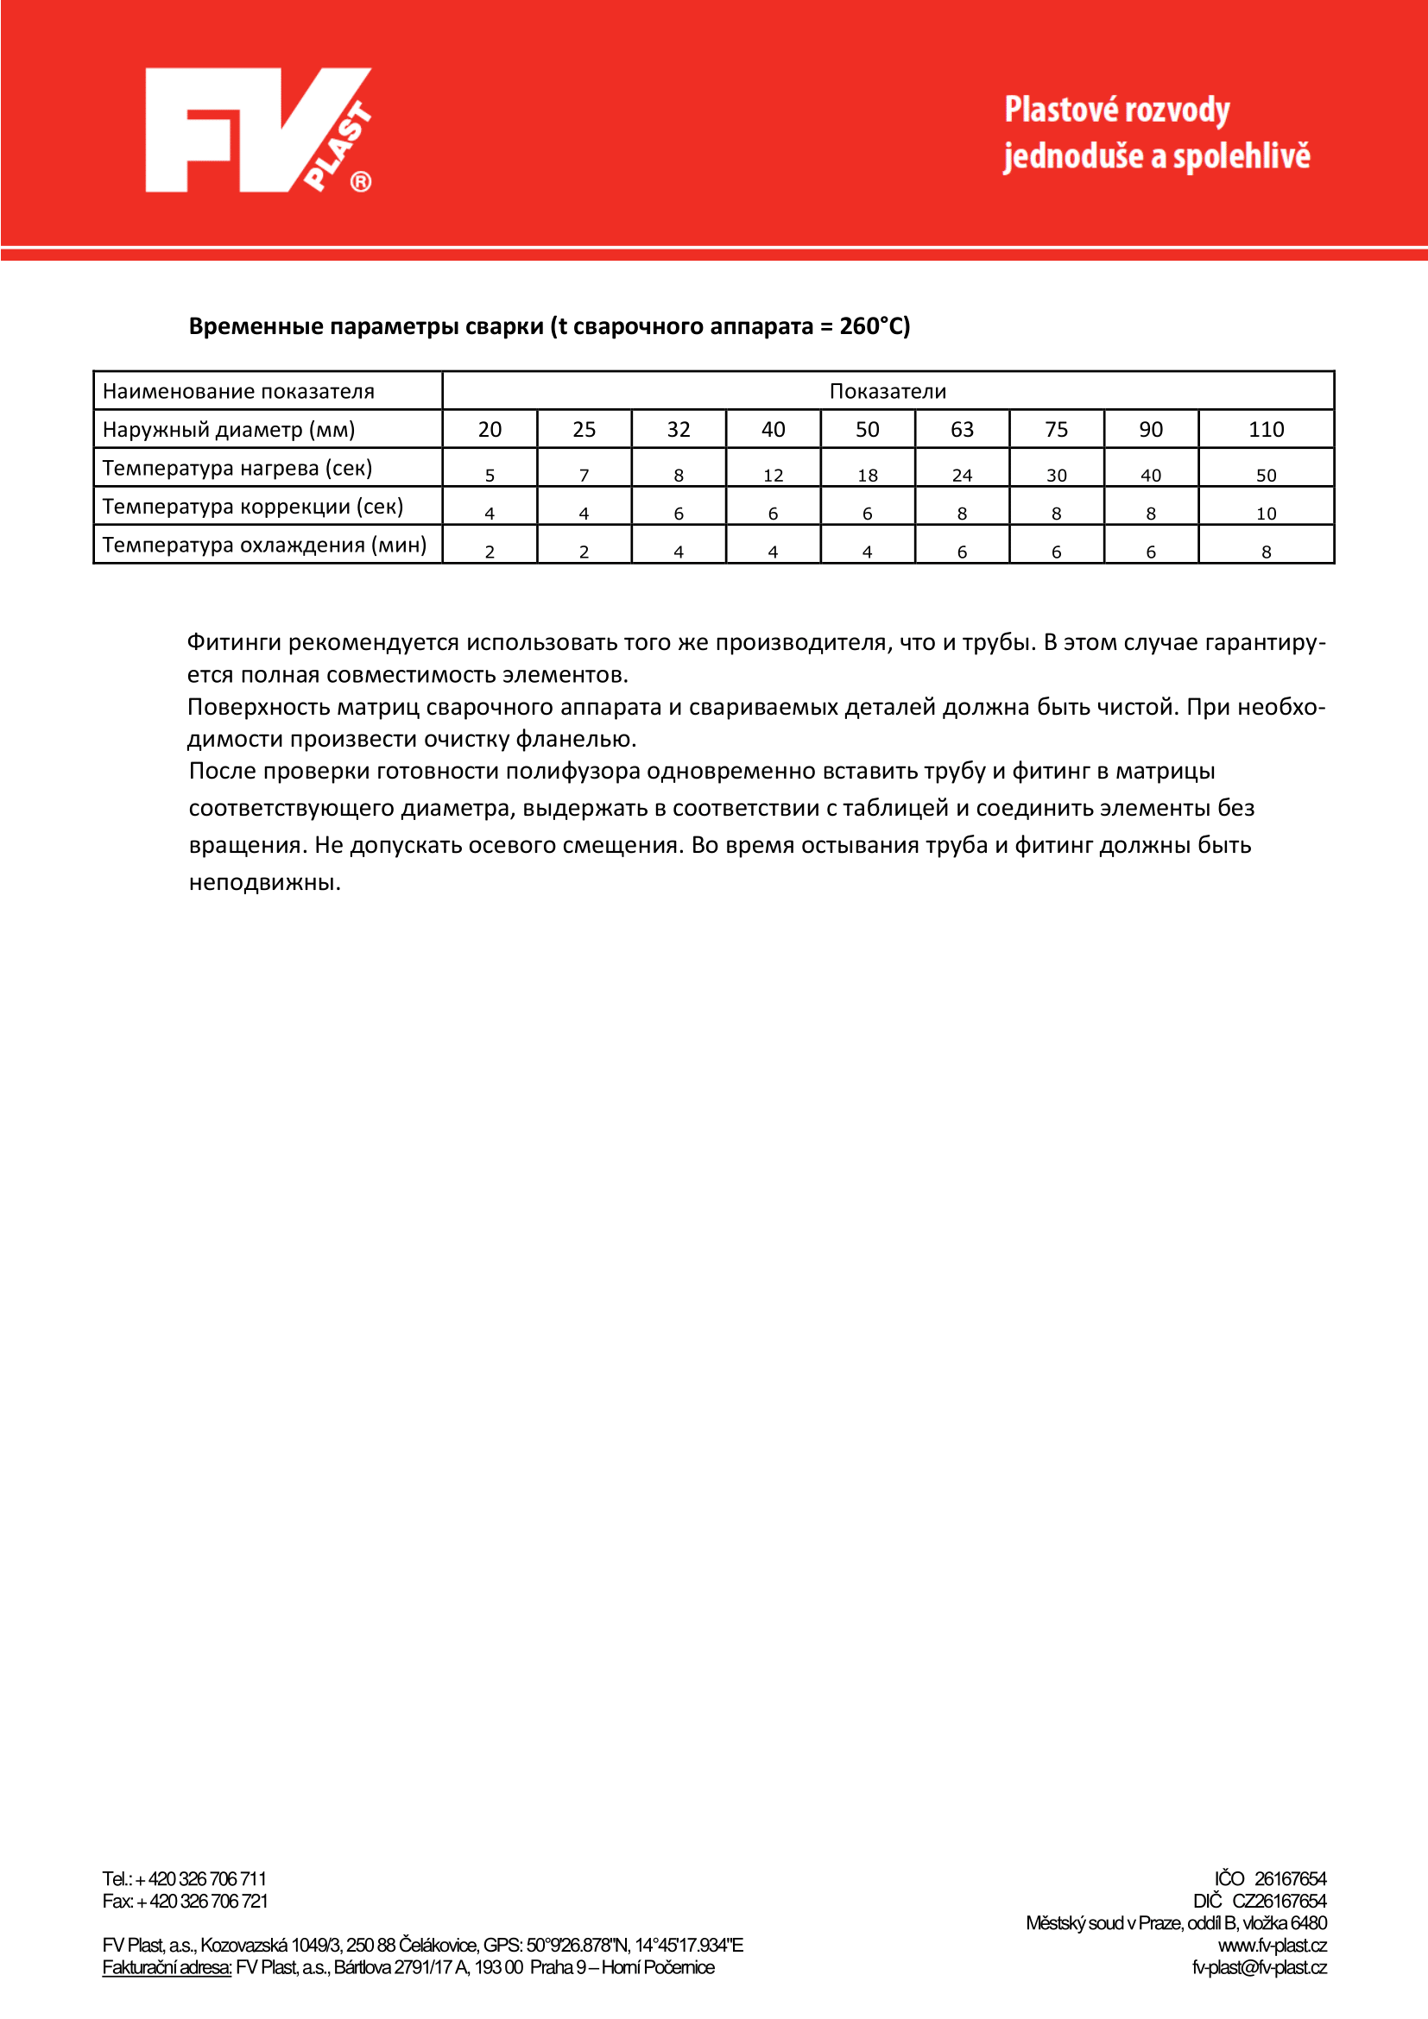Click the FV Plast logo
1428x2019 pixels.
pyautogui.click(x=257, y=130)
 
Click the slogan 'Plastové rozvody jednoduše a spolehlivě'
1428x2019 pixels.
pyautogui.click(x=1156, y=133)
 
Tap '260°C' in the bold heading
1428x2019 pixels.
pyautogui.click(x=874, y=326)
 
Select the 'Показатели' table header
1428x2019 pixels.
pyautogui.click(x=888, y=391)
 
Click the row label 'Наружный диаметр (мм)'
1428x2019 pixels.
pyautogui.click(x=229, y=429)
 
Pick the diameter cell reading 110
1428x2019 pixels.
pyautogui.click(x=1266, y=429)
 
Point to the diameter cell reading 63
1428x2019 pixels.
pyautogui.click(x=962, y=429)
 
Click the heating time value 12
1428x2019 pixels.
pyautogui.click(x=773, y=475)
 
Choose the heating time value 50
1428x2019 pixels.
pyautogui.click(x=1266, y=475)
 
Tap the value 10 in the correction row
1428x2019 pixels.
pyautogui.click(x=1266, y=514)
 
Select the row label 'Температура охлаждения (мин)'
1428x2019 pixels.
pyautogui.click(x=264, y=546)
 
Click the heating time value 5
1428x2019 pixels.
pyautogui.click(x=490, y=475)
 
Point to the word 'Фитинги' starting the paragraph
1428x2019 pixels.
pyautogui.click(x=234, y=643)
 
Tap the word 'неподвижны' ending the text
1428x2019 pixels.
pyautogui.click(x=264, y=883)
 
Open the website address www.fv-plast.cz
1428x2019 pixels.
pyautogui.click(x=1272, y=1946)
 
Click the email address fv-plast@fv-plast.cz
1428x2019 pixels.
pyautogui.click(x=1258, y=1968)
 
